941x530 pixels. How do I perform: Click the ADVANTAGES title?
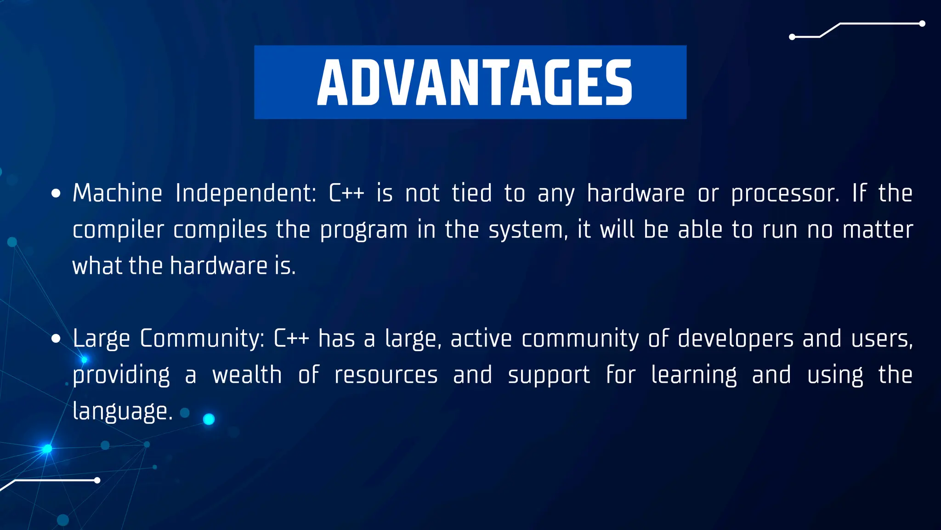tap(474, 82)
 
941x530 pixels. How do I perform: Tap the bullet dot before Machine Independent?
tap(56, 194)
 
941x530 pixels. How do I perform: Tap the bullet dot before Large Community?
tap(56, 339)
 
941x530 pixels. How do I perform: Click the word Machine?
tap(117, 193)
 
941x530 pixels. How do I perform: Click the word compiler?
tap(118, 230)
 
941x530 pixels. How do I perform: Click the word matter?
tap(878, 230)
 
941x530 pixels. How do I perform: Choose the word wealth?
tap(247, 375)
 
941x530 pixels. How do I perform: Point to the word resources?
tap(386, 375)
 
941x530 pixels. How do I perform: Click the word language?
tap(122, 412)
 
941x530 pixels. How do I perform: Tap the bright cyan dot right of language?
tap(209, 419)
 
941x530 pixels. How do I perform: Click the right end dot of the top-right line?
tap(922, 24)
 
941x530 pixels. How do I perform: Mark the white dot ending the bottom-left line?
tap(97, 480)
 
